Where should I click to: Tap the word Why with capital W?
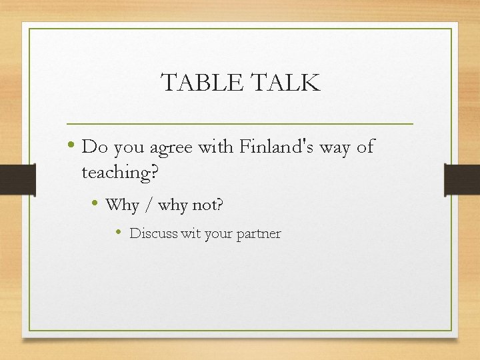coord(121,205)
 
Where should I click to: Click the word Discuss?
coord(153,234)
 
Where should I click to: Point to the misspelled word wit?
coord(190,234)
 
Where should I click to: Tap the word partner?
coord(259,235)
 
